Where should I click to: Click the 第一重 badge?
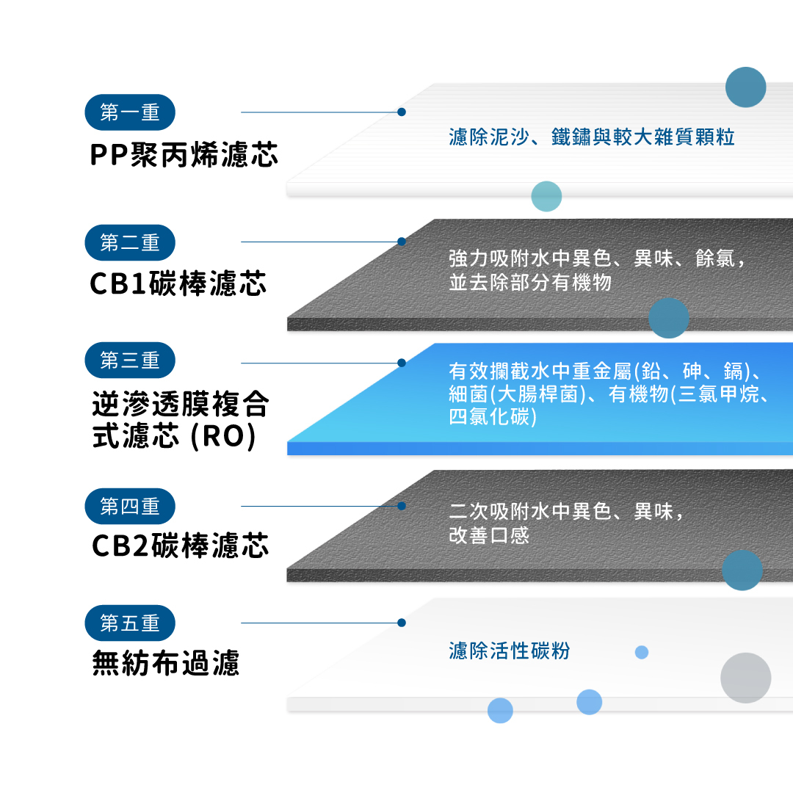[130, 112]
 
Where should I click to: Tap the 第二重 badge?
[130, 242]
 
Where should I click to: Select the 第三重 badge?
[130, 361]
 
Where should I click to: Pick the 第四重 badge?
[130, 506]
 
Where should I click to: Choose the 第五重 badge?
[130, 623]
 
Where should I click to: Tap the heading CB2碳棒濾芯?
[181, 546]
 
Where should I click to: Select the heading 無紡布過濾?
[166, 664]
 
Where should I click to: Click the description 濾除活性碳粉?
[509, 651]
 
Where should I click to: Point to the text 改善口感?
[489, 535]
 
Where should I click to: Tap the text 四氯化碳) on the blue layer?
[493, 417]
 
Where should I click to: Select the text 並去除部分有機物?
[530, 283]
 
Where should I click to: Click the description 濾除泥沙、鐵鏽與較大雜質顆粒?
[591, 137]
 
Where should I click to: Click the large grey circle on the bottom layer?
[745, 678]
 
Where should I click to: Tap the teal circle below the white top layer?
[546, 196]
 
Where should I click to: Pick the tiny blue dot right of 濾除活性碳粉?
[642, 652]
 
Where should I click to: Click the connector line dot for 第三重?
[402, 363]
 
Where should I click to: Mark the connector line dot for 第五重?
[402, 623]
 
